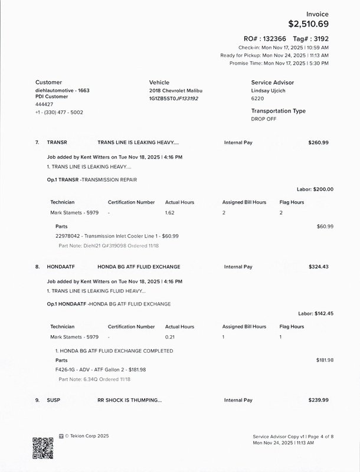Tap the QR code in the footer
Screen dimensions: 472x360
click(x=42, y=449)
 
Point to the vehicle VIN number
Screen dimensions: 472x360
click(x=174, y=99)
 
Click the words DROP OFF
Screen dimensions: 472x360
click(x=263, y=119)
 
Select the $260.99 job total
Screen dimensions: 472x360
click(x=318, y=143)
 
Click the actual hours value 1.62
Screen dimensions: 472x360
click(x=170, y=212)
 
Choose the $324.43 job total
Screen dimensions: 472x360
click(x=318, y=267)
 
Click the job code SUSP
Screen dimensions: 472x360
click(x=53, y=400)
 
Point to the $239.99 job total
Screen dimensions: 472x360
click(x=318, y=400)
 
